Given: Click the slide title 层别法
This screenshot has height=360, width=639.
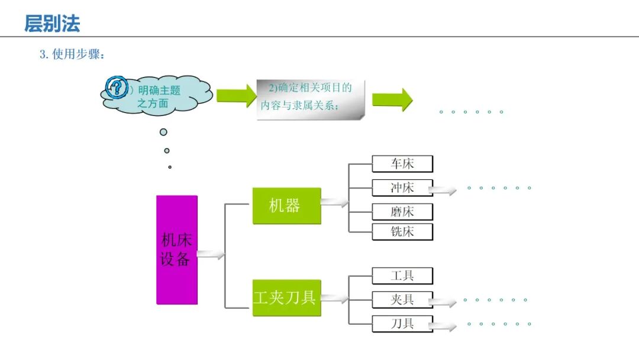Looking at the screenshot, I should (52, 24).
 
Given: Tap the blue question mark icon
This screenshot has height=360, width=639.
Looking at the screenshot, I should (117, 88).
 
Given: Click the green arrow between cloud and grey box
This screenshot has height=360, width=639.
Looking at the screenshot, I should (236, 95).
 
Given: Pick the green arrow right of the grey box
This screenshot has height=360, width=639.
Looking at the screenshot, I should (392, 99).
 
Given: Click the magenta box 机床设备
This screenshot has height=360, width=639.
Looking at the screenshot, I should (176, 250).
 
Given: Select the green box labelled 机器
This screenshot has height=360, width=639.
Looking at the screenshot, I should (286, 206).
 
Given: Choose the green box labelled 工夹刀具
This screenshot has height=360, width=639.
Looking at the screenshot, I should (286, 298).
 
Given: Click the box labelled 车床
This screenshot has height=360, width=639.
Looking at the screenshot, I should (402, 164).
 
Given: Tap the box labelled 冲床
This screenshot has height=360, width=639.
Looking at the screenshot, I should (402, 188).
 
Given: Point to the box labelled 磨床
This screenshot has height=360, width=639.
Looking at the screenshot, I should (402, 211).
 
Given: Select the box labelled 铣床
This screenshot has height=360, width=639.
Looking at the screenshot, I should (402, 232).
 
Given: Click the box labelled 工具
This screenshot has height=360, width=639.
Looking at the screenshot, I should (402, 276).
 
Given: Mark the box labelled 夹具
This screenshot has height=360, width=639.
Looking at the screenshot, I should (402, 300).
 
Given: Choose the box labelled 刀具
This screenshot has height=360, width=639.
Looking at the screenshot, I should (402, 324).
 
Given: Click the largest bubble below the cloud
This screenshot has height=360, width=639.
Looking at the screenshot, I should (163, 132).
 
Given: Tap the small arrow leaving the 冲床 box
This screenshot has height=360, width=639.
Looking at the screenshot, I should (443, 191).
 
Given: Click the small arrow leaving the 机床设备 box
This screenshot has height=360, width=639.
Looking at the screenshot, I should (211, 255).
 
